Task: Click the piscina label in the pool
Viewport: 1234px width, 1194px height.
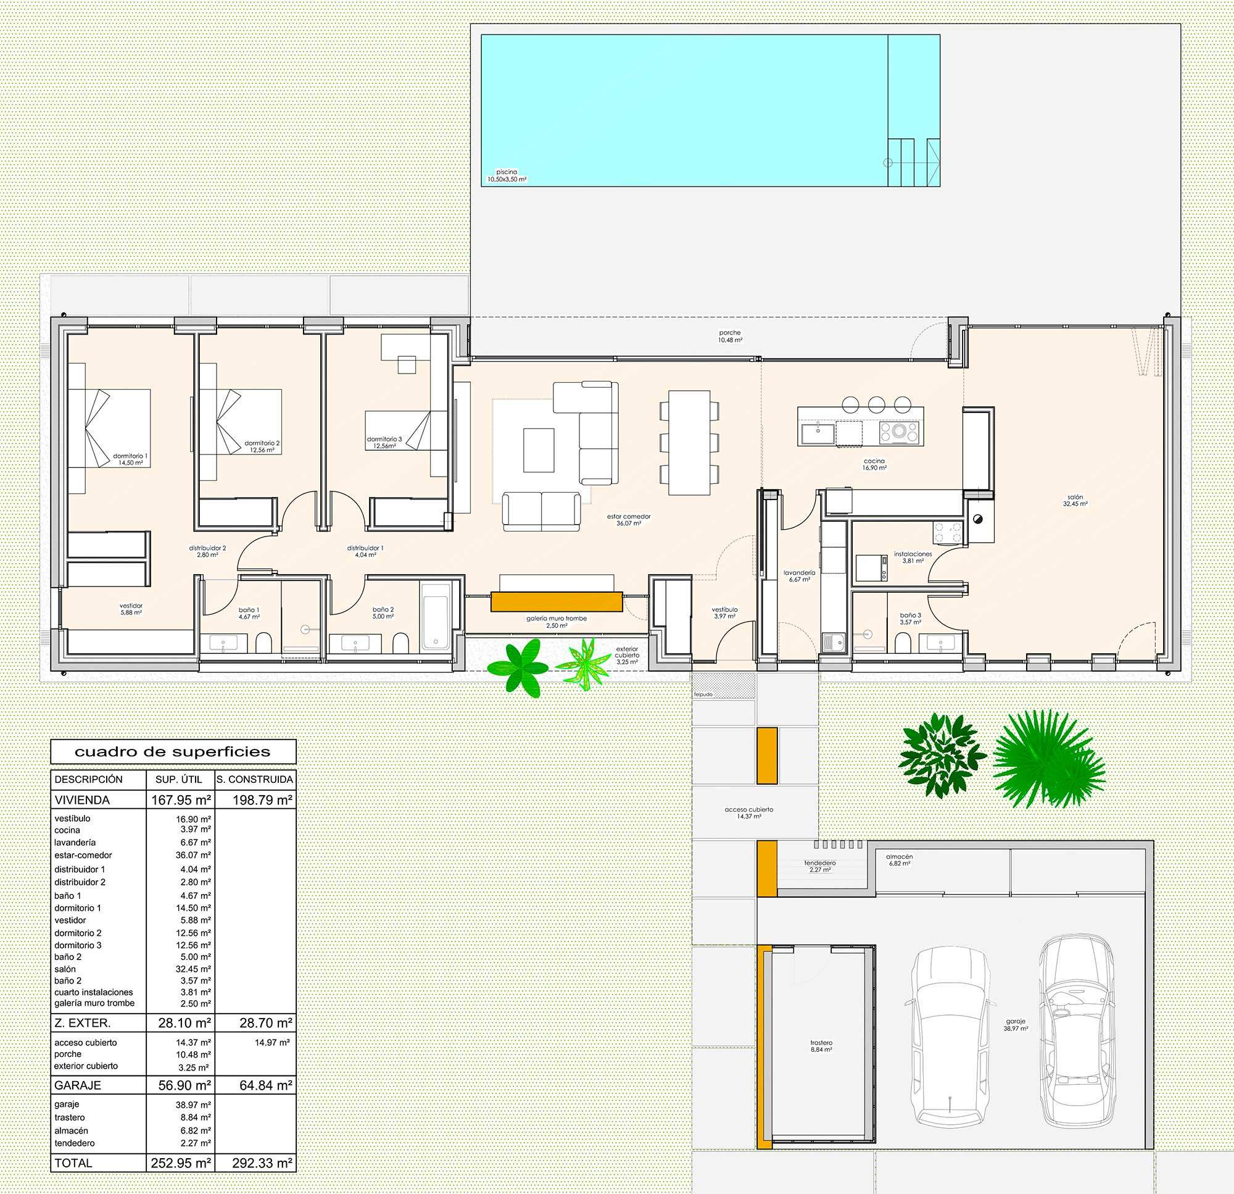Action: point(506,175)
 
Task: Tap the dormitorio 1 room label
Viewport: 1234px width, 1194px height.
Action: point(131,459)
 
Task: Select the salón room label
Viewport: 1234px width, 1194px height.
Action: point(1075,500)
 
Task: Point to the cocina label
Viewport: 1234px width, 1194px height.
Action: point(875,464)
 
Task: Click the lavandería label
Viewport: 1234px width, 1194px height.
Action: point(800,576)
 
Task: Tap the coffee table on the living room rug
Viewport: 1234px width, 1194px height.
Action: point(539,449)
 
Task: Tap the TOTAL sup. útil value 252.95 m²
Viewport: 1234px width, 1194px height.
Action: point(181,1163)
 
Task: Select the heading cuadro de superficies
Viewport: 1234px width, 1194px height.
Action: point(173,752)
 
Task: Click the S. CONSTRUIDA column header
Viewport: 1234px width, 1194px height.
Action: point(255,779)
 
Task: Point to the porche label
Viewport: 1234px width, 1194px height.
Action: point(731,336)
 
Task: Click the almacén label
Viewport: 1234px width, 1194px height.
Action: point(899,860)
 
